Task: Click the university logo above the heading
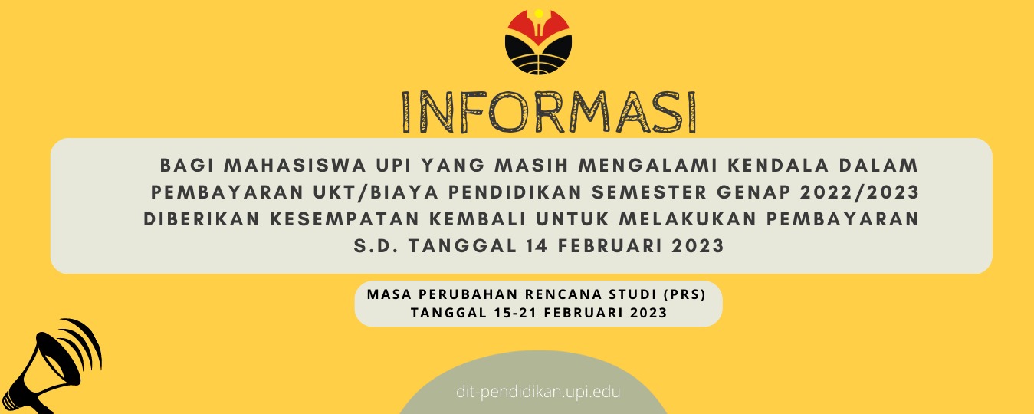pos(538,41)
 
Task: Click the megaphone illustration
pos(51,367)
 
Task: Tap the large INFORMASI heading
pos(549,112)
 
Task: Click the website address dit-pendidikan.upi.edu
pos(538,392)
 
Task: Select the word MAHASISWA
pos(295,166)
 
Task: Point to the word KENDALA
pos(779,166)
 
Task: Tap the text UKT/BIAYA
pos(376,192)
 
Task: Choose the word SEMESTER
pos(649,192)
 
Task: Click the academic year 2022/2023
pos(860,192)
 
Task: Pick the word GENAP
pos(753,192)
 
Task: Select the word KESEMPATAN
pos(344,219)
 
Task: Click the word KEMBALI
pos(478,219)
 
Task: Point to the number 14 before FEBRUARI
pos(537,246)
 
